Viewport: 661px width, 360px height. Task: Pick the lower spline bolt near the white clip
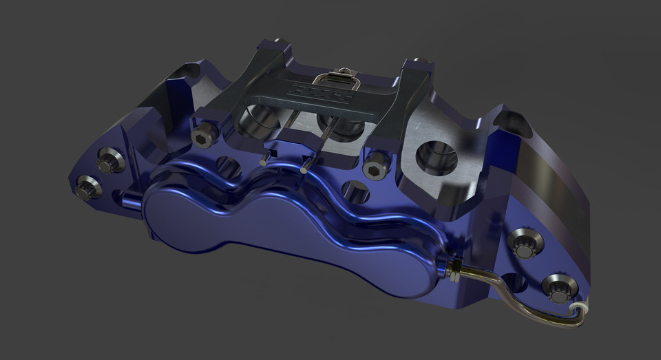(x=556, y=287)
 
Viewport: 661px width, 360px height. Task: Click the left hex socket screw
(x=202, y=138)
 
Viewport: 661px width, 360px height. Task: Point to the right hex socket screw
(x=375, y=163)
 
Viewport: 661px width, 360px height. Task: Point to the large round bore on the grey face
(x=437, y=156)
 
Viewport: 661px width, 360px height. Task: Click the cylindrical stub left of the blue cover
(x=130, y=200)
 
